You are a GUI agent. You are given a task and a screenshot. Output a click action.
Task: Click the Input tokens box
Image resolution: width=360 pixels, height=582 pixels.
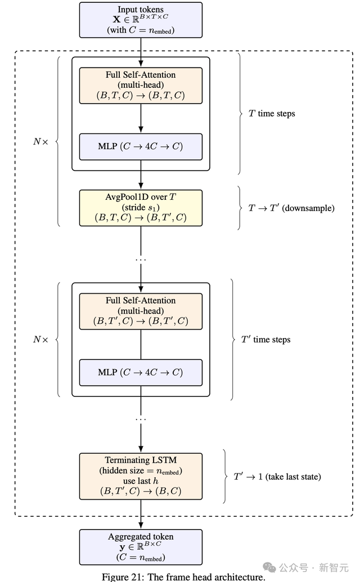click(x=141, y=19)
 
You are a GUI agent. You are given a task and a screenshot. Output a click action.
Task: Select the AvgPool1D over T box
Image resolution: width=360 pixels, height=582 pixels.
click(x=141, y=208)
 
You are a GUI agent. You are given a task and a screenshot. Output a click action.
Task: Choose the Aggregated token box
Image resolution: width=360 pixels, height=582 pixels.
click(x=141, y=547)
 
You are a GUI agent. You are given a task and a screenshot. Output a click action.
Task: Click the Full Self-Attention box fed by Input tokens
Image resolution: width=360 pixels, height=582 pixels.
click(x=141, y=86)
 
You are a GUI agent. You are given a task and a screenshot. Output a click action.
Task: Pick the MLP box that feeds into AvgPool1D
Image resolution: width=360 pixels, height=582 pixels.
click(x=141, y=146)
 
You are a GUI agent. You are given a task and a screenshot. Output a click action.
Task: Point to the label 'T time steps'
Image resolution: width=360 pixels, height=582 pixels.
click(x=272, y=114)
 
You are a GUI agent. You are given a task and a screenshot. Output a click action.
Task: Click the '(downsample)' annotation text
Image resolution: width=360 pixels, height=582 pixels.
click(x=308, y=208)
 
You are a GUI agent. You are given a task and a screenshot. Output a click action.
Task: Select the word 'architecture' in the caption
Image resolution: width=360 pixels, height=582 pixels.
click(x=239, y=577)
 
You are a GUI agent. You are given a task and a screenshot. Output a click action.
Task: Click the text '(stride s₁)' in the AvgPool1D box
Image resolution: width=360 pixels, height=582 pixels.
click(x=141, y=208)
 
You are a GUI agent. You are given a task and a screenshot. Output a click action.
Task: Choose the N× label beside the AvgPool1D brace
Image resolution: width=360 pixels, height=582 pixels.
click(x=41, y=141)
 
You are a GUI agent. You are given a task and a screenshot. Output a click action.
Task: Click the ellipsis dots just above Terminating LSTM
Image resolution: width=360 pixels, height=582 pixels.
click(x=141, y=419)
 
